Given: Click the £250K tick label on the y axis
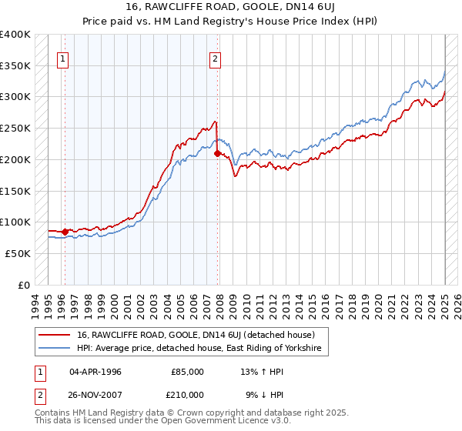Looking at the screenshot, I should click(15, 128).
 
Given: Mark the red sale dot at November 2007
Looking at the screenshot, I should click(217, 154).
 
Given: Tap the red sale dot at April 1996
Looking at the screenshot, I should click(65, 231).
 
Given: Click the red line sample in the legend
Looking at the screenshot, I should click(55, 335).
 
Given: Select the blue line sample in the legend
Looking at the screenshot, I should click(55, 349).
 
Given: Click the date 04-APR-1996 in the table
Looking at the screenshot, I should click(95, 372).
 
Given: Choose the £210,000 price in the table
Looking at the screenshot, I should click(187, 394).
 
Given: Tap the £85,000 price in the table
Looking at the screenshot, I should click(187, 372).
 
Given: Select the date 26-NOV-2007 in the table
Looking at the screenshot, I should click(96, 394).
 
